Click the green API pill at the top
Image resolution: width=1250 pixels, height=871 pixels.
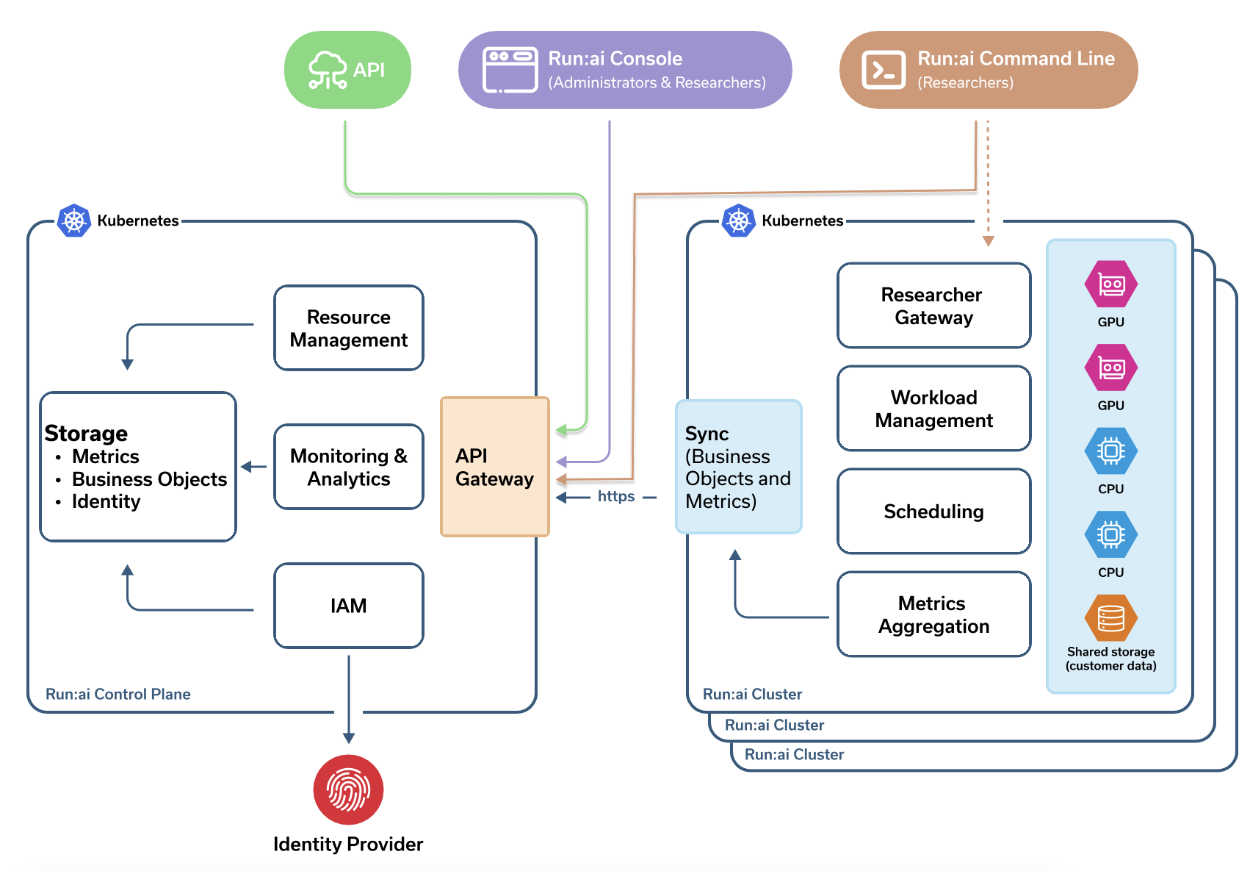347,70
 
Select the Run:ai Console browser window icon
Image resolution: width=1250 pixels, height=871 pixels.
510,70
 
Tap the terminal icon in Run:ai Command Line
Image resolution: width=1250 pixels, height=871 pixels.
884,70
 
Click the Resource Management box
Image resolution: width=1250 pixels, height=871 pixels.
349,328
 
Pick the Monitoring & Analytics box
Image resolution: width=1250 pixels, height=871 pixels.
349,467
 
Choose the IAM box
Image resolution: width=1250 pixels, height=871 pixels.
349,606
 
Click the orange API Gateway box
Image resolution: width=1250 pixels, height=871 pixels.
495,467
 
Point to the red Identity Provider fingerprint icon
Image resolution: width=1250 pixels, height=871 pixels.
348,789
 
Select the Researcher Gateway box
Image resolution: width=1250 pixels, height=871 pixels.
934,306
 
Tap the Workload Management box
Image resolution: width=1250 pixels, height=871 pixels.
934,408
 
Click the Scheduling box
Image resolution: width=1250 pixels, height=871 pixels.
934,511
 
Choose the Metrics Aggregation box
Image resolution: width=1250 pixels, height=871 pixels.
934,614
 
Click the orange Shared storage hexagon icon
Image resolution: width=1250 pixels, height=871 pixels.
1111,618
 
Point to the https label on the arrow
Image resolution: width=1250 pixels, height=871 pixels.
616,496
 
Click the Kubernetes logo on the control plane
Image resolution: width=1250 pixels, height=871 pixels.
73,221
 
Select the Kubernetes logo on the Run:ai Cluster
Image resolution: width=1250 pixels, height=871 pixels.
738,221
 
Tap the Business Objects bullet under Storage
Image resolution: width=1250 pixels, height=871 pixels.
150,479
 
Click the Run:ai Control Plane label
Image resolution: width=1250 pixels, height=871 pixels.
118,694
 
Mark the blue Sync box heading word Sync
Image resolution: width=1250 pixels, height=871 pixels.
707,434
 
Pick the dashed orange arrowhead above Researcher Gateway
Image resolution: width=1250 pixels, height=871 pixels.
989,240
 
